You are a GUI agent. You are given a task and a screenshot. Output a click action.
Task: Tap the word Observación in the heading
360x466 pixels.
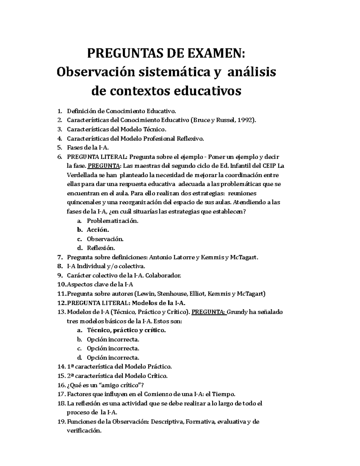pyautogui.click(x=95, y=72)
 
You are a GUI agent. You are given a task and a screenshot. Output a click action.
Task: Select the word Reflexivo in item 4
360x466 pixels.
pyautogui.click(x=190, y=139)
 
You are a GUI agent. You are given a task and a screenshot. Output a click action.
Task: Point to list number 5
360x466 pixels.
pyautogui.click(x=59, y=148)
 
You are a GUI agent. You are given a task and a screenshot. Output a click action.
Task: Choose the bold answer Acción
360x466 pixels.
pyautogui.click(x=97, y=230)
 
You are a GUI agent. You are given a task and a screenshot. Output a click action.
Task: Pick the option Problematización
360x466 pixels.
pyautogui.click(x=112, y=221)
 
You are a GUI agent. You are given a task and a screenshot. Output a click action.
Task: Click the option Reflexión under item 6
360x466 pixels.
pyautogui.click(x=100, y=248)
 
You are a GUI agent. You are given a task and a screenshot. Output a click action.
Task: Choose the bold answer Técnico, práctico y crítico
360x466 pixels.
pyautogui.click(x=126, y=330)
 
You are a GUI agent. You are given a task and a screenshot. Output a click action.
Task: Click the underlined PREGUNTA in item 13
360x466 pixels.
pyautogui.click(x=208, y=312)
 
